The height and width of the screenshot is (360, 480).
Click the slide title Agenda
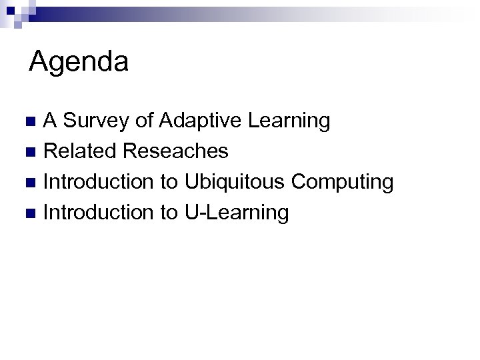coord(79,63)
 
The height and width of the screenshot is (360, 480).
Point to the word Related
coord(81,151)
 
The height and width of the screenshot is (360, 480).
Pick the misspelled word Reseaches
coord(175,151)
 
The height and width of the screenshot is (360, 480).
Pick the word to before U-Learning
coord(169,213)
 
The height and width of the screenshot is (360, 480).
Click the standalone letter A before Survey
coord(51,121)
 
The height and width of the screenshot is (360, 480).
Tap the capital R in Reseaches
coord(130,151)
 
